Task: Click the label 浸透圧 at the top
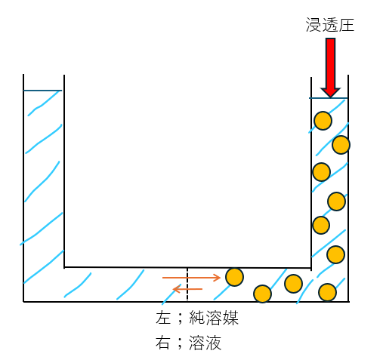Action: [330, 25]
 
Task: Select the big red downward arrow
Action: [330, 68]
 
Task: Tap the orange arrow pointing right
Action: [191, 278]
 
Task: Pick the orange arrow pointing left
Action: [187, 289]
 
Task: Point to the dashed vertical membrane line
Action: [187, 285]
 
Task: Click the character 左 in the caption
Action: [163, 318]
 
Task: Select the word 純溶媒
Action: [214, 318]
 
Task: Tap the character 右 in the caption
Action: [163, 343]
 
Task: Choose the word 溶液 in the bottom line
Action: [205, 343]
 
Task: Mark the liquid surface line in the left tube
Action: [42, 91]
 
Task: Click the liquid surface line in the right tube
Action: [329, 98]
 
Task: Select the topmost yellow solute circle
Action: [323, 121]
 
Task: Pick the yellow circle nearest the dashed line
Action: [234, 277]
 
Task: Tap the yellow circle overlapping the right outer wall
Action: [341, 145]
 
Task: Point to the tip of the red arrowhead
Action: [330, 97]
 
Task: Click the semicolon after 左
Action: [180, 319]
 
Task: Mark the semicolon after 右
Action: [180, 343]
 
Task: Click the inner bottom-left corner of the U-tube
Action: [64, 267]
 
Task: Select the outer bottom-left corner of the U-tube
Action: [23, 301]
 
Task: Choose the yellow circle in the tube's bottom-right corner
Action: [327, 292]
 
